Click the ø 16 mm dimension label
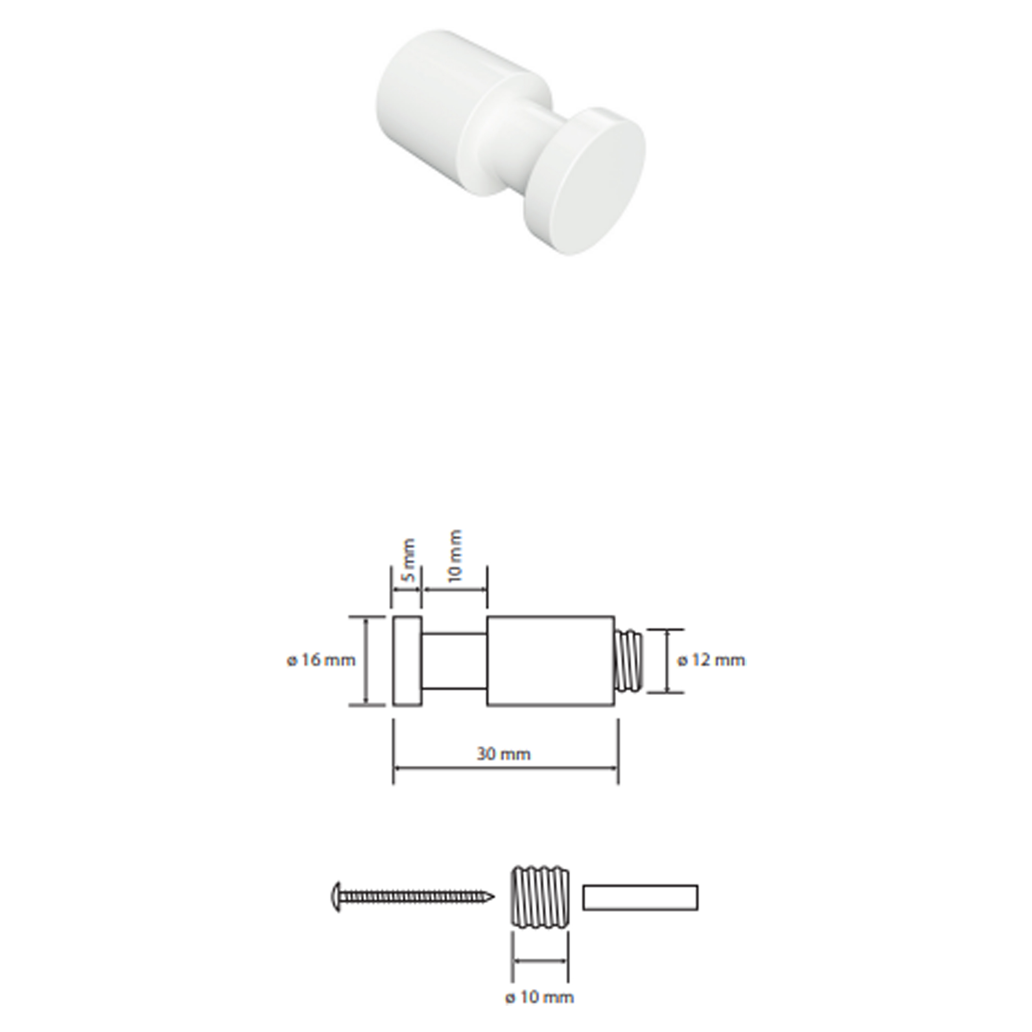(321, 660)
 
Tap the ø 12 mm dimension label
(711, 660)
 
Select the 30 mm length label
(504, 754)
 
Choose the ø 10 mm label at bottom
(540, 997)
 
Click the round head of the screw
(335, 897)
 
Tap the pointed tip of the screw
(494, 897)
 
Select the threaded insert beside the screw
(540, 898)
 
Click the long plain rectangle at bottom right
(640, 897)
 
